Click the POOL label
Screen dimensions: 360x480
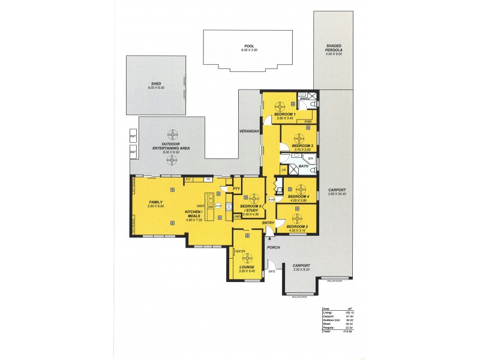pyautogui.click(x=249, y=46)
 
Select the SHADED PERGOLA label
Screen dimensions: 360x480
pyautogui.click(x=334, y=48)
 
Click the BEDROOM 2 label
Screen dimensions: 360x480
pyautogui.click(x=298, y=226)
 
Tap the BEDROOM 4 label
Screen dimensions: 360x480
pyautogui.click(x=298, y=196)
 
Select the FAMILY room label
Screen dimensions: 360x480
pyautogui.click(x=156, y=202)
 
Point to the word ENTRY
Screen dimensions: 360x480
pyautogui.click(x=268, y=223)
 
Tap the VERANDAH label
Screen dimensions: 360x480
pyautogui.click(x=248, y=131)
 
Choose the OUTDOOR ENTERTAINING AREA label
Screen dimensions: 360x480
pyautogui.click(x=172, y=145)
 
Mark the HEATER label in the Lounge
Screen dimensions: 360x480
pyautogui.click(x=240, y=251)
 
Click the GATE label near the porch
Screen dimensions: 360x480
pyautogui.click(x=271, y=271)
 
